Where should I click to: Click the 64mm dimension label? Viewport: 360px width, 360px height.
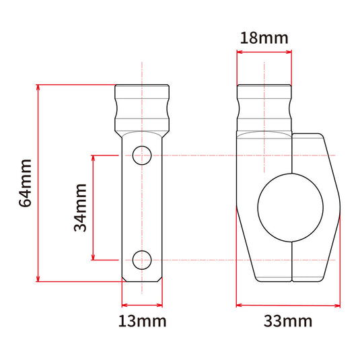tap(25, 183)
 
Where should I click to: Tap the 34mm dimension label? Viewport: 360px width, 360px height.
tap(80, 207)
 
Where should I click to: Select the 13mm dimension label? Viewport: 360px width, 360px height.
tap(142, 321)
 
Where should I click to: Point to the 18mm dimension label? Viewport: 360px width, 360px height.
tap(264, 38)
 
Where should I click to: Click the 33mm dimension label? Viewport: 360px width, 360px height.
tap(288, 321)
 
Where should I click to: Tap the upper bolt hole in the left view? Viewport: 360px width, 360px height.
tap(142, 155)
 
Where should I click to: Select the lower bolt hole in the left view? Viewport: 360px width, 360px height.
tap(142, 260)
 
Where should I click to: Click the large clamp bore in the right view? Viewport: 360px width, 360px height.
tap(291, 207)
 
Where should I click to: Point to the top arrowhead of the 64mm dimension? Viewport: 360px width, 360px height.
tap(38, 87)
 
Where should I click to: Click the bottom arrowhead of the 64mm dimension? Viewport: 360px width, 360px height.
tap(38, 279)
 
